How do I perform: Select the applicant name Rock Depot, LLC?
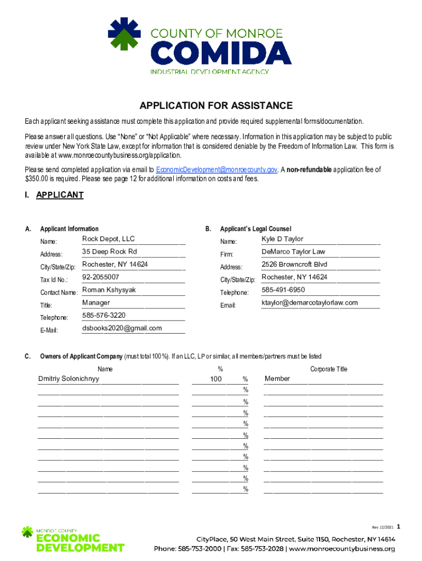click(109, 239)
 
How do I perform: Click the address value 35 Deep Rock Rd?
click(110, 251)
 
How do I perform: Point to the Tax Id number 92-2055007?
click(101, 277)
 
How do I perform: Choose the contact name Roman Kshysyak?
click(109, 290)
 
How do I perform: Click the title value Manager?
click(96, 302)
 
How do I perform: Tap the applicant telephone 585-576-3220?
click(104, 315)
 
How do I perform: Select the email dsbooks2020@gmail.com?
click(122, 328)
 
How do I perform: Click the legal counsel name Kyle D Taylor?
click(282, 239)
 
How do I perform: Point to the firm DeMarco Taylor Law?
click(293, 251)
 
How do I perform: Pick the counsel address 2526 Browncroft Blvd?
click(294, 265)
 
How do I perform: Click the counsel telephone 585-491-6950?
click(283, 290)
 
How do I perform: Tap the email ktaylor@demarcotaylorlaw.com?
click(310, 302)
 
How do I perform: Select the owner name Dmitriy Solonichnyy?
click(69, 379)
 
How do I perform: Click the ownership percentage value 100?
click(216, 379)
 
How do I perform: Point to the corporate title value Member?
click(277, 379)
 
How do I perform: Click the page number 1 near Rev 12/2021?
click(399, 527)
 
